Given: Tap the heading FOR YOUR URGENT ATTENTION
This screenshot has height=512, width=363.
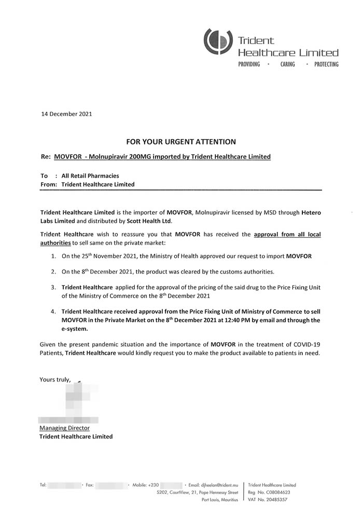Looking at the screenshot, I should tap(181, 141).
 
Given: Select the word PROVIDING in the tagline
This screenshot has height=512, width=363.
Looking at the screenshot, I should tap(249, 65).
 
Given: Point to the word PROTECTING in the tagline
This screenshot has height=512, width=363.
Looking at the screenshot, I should tap(326, 65).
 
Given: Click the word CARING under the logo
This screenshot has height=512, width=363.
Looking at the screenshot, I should tap(287, 65).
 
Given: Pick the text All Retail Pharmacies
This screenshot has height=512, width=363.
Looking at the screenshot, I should tap(90, 176).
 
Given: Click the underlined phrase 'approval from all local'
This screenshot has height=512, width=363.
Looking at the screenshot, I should tap(287, 235).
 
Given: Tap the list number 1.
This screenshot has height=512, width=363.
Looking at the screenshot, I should tap(54, 257).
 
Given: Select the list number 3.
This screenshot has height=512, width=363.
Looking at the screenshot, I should tap(54, 287).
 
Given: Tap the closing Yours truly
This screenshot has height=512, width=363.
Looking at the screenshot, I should tap(55, 380).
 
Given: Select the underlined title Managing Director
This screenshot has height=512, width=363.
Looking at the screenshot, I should tap(64, 428).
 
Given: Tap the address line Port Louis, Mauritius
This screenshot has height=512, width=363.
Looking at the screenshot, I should tap(220, 500).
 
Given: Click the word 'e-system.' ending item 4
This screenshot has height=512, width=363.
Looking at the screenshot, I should tap(75, 329).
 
